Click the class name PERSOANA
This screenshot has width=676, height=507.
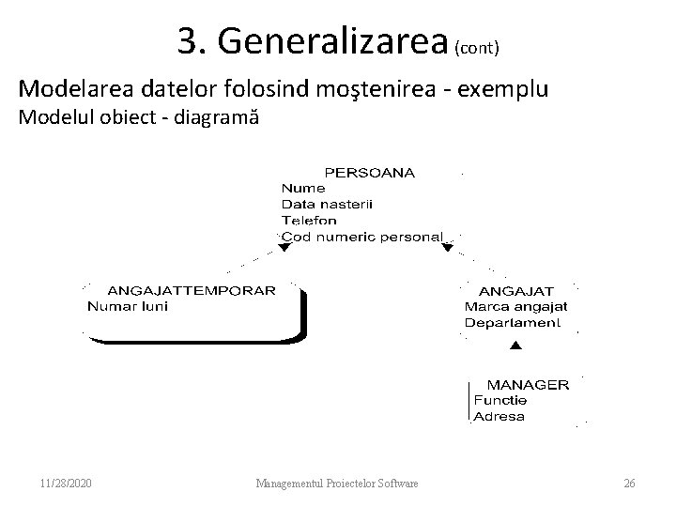tap(369, 173)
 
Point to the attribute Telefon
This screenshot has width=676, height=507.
tap(309, 221)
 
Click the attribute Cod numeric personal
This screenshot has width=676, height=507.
tap(361, 237)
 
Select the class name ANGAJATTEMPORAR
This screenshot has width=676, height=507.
tap(192, 290)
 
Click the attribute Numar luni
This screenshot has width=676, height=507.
tap(128, 306)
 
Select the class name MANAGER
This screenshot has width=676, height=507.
tap(527, 384)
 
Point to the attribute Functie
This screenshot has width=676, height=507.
tap(499, 400)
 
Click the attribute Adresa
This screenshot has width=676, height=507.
tap(499, 416)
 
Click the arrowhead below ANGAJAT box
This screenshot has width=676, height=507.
tap(514, 347)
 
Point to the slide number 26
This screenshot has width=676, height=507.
tap(629, 484)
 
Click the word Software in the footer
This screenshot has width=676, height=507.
tap(394, 484)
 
